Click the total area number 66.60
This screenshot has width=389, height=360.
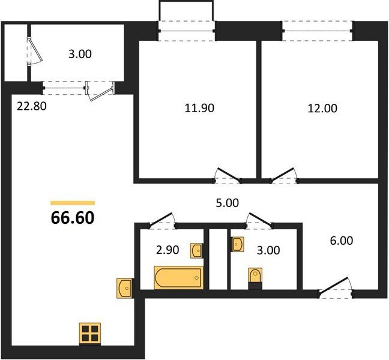[x=73, y=218]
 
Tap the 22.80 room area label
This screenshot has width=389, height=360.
[x=31, y=106]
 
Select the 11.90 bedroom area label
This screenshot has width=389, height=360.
[x=199, y=108]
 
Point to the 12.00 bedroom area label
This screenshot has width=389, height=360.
[x=322, y=109]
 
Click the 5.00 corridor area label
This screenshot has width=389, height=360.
[x=228, y=203]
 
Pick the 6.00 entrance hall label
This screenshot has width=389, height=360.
[x=342, y=241]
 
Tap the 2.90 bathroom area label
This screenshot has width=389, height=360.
[x=167, y=250]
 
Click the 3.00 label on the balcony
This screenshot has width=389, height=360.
[x=80, y=54]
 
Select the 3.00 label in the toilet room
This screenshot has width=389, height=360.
[x=268, y=250]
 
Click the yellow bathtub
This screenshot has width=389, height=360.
[x=179, y=277]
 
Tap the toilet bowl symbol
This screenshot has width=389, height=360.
[x=255, y=275]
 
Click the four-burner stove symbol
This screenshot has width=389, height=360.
[x=90, y=334]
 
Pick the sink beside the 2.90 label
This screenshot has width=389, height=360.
[x=196, y=251]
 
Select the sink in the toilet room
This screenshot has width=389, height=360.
[x=238, y=244]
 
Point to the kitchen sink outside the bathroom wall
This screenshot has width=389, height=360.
[x=124, y=288]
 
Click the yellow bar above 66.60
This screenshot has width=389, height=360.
[x=73, y=203]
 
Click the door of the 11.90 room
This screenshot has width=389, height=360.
[x=228, y=176]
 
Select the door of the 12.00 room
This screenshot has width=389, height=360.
[x=284, y=176]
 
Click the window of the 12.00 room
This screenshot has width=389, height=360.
[x=318, y=31]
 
